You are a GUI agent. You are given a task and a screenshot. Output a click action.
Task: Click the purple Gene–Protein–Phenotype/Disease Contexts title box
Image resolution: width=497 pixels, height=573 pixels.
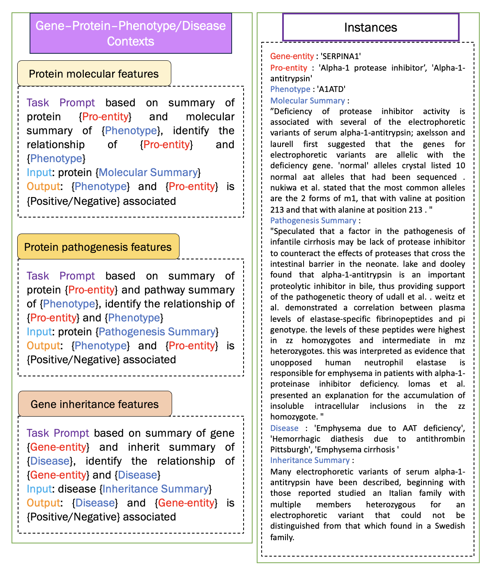click(x=131, y=33)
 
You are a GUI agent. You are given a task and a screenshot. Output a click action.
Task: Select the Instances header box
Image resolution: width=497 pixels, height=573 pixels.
click(x=370, y=27)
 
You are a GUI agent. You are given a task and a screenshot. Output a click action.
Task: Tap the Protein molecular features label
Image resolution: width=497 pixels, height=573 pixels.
click(x=94, y=74)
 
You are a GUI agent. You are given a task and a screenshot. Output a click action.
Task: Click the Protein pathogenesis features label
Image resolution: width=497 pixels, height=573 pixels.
click(x=98, y=247)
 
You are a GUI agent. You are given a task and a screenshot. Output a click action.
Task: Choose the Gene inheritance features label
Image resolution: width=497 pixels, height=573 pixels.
click(x=94, y=404)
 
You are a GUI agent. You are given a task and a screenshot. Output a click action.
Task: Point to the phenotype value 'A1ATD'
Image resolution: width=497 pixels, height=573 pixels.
click(x=331, y=89)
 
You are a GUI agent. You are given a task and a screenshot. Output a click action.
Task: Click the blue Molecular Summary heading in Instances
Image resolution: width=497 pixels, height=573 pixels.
click(x=308, y=101)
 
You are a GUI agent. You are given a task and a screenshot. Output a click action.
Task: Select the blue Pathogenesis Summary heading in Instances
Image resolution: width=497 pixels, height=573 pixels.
click(x=313, y=220)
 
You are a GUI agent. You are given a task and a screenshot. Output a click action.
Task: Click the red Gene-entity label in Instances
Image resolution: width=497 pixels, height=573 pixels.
click(x=292, y=56)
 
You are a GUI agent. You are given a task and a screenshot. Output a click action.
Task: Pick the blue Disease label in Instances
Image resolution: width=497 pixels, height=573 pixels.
click(x=284, y=428)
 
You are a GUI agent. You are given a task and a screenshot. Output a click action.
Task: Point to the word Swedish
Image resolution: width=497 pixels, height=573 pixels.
click(x=450, y=526)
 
